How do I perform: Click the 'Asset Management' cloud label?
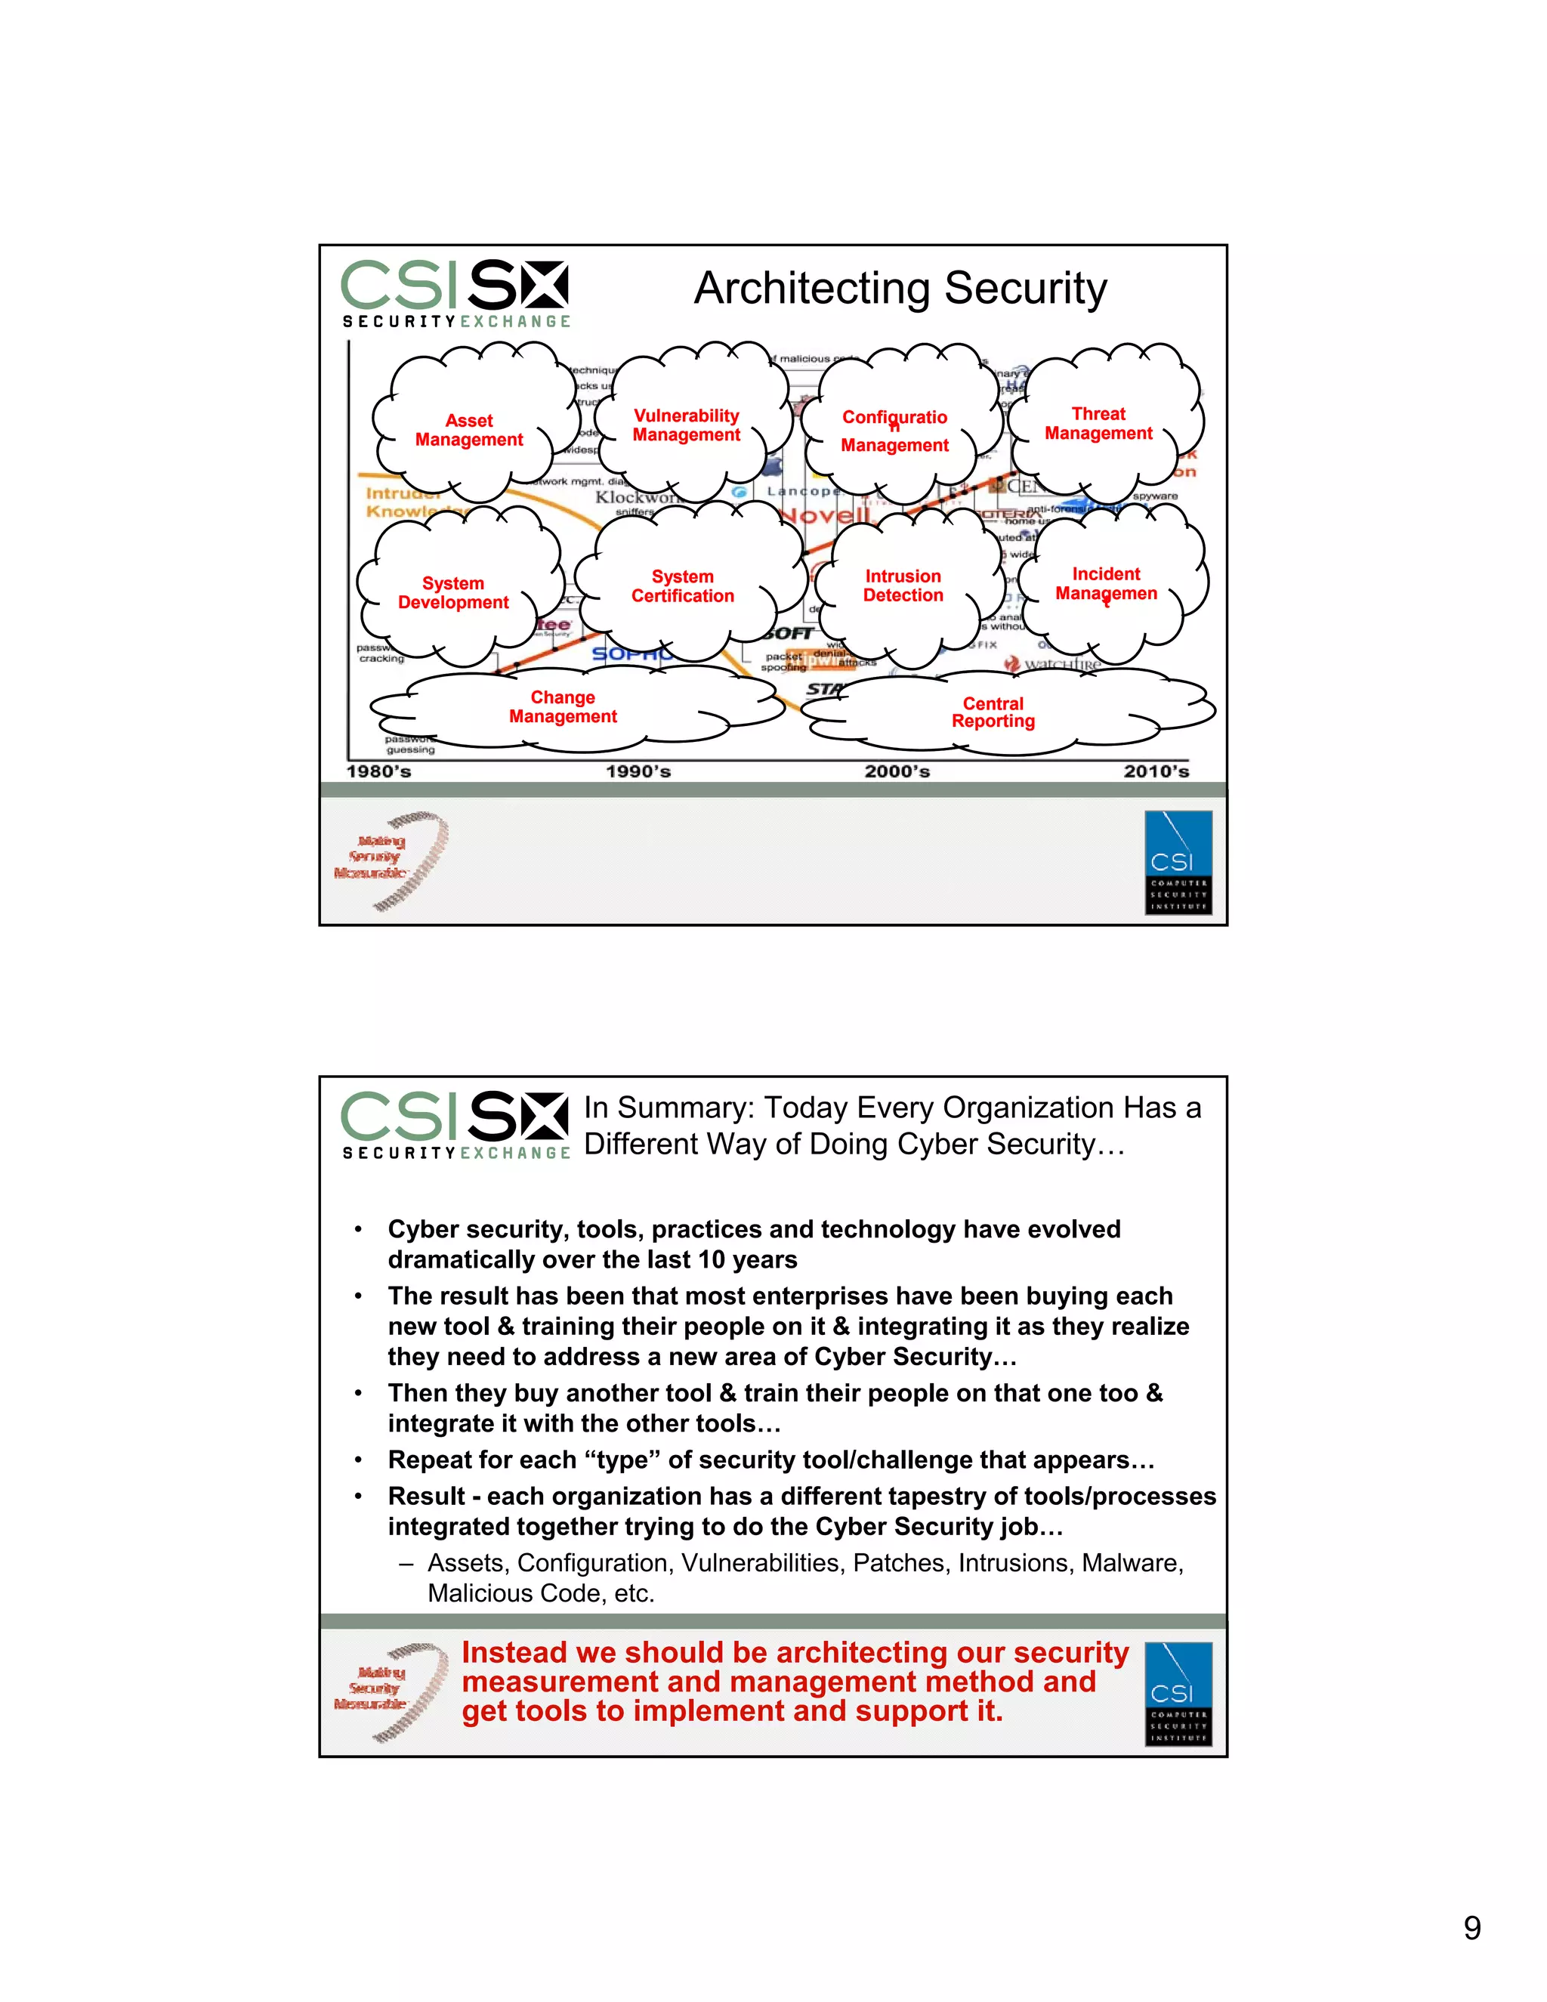coord(468,430)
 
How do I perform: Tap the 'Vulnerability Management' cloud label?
coord(686,425)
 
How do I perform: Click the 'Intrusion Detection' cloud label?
coord(903,585)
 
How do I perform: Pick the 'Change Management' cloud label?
coord(563,707)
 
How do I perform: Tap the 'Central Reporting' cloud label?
coord(993,712)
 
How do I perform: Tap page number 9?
coord(1472,1928)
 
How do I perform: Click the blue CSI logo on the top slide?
coord(1178,862)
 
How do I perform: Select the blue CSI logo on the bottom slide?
coord(1178,1693)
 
